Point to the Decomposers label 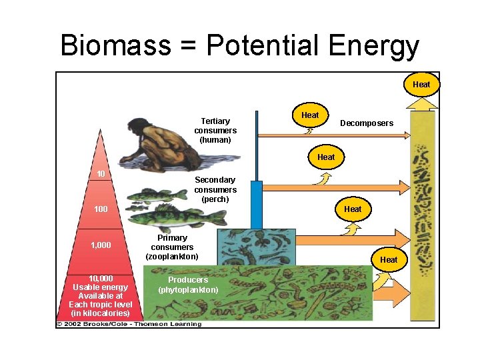(367, 123)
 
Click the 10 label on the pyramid (101, 174)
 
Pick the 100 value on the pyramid (101, 209)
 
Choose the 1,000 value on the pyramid (101, 245)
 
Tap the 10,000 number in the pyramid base (101, 278)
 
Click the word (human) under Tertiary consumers (215, 140)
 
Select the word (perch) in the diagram (215, 199)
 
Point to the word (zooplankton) (172, 257)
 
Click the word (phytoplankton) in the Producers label (188, 290)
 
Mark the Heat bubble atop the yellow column (421, 85)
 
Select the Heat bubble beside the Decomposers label (310, 115)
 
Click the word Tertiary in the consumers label (215, 121)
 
